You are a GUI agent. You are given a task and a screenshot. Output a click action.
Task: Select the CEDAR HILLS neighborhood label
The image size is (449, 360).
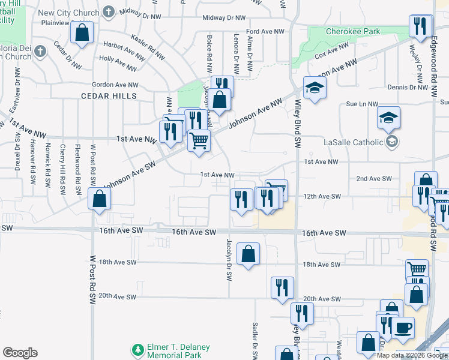coord(110,96)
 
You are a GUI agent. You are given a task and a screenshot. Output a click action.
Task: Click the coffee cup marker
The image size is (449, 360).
coord(403,328)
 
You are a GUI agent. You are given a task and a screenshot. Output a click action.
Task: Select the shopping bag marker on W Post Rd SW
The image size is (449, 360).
coord(98,199)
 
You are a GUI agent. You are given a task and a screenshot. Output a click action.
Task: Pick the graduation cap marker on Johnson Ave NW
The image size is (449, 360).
coord(314,88)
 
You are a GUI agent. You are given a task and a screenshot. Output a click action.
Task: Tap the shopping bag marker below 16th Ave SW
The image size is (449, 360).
coord(248,254)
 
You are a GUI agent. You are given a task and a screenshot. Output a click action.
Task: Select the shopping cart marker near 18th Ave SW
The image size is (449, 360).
coord(417,271)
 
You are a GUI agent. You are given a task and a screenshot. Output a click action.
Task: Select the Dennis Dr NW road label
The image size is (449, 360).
coord(406,87)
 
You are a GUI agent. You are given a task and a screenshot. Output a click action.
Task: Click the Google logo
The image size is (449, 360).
coord(20,353)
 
